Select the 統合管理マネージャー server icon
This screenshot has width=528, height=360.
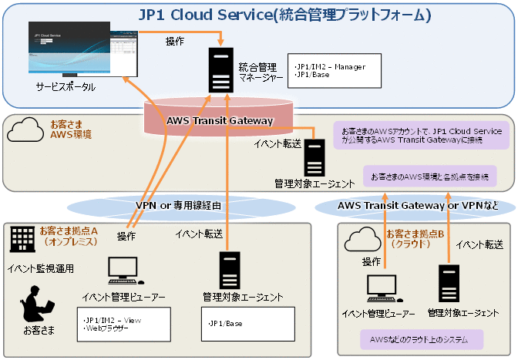(x=220, y=69)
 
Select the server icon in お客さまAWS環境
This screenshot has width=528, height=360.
(x=314, y=157)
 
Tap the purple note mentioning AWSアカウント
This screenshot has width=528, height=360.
(x=422, y=135)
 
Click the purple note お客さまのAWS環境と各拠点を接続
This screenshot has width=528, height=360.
(x=429, y=177)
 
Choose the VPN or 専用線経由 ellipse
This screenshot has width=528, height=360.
(x=179, y=206)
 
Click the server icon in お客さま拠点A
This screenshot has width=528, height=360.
(x=229, y=270)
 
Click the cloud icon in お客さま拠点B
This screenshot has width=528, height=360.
(x=363, y=240)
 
